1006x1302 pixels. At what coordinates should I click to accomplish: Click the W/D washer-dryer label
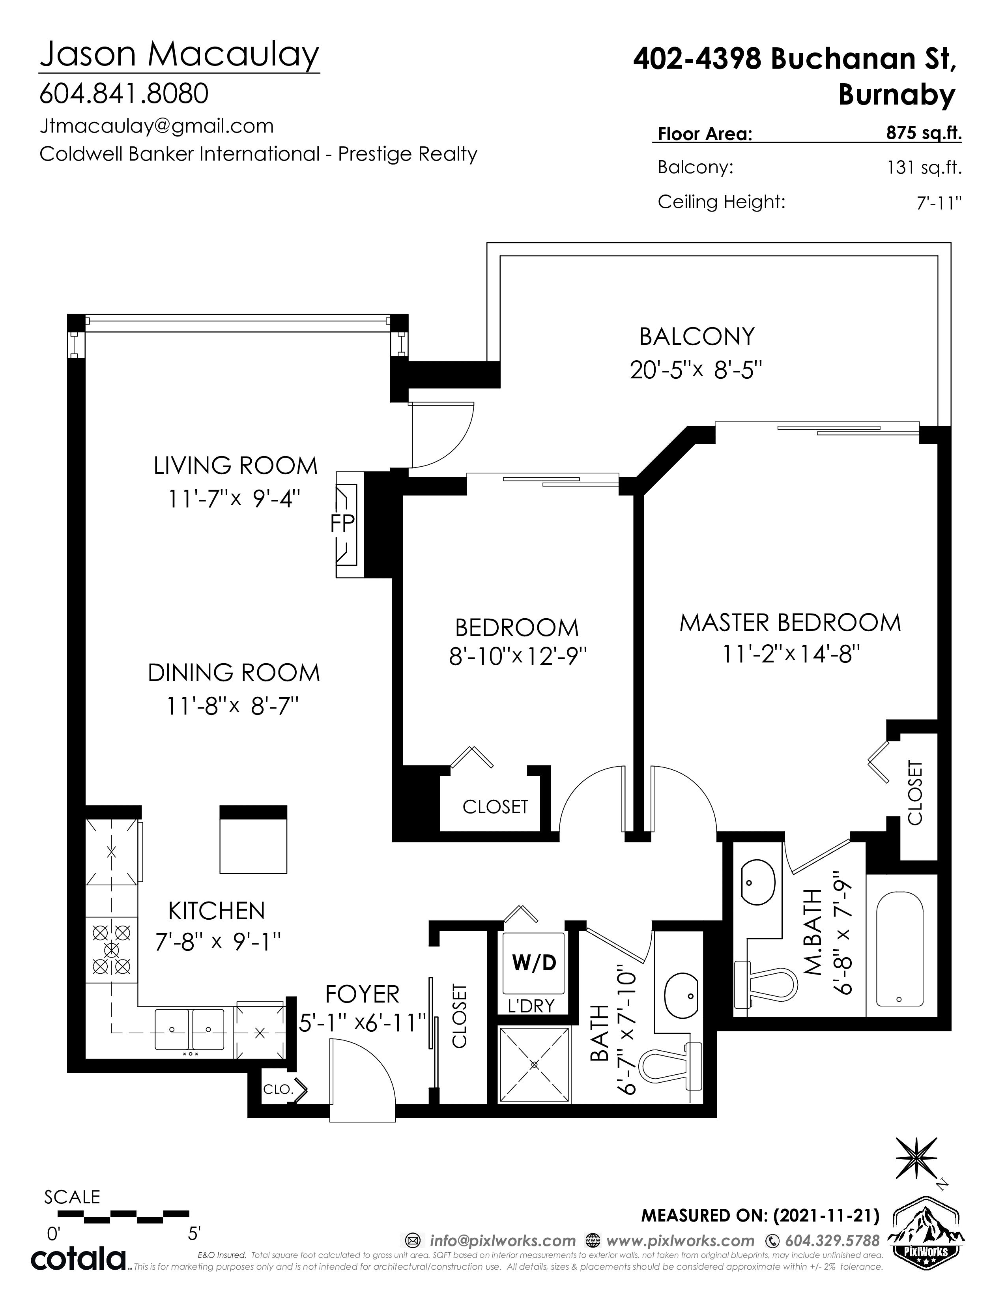[534, 963]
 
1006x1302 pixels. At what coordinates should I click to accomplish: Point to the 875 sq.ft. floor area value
[924, 133]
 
